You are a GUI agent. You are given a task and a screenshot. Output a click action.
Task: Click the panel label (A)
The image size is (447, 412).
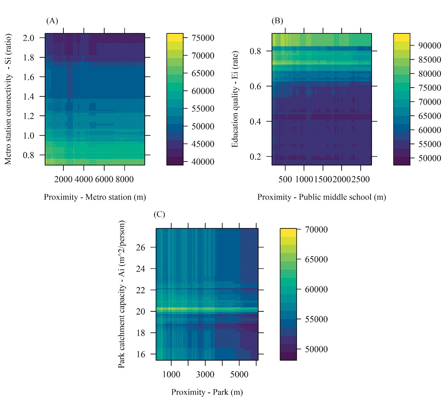coord(52,21)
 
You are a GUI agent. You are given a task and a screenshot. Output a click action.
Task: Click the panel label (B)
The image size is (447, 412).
coord(277,21)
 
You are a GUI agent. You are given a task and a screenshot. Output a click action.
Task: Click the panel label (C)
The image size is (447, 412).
coord(159,214)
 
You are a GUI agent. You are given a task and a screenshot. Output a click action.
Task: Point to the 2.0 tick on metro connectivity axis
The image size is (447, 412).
coord(29,38)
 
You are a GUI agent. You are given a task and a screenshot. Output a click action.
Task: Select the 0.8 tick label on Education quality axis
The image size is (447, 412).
coord(255,51)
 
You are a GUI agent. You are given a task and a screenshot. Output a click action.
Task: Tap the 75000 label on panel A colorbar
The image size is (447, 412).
coord(203,38)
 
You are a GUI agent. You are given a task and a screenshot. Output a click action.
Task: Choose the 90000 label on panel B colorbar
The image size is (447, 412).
coord(430,45)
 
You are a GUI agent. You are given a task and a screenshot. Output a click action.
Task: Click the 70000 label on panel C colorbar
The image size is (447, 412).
coord(316,230)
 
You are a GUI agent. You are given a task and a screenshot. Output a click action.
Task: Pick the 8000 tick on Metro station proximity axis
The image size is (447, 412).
coord(124,179)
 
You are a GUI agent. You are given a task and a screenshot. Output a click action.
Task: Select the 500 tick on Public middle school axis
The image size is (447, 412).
coord(285,179)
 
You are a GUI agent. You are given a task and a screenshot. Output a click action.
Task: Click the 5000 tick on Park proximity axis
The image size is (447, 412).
coord(239,375)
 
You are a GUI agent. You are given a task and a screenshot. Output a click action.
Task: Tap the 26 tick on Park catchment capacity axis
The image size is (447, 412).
coord(141,248)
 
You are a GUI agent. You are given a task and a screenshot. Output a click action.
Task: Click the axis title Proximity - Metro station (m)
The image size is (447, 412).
coord(95,197)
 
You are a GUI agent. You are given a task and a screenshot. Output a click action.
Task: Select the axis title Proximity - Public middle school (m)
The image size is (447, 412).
coord(322,197)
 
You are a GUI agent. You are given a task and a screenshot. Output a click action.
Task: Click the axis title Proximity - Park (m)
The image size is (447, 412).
coord(207,392)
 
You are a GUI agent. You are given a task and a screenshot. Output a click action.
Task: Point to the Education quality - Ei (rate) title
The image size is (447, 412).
coord(235,99)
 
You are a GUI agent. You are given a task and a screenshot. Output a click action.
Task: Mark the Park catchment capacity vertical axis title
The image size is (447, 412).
coord(122,294)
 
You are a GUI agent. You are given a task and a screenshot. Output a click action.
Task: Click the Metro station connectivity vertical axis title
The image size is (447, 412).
coord(8,99)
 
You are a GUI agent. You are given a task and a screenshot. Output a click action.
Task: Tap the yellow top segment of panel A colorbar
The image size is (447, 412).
coord(175,37)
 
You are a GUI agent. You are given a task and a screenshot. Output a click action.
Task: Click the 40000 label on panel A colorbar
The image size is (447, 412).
coord(203,162)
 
